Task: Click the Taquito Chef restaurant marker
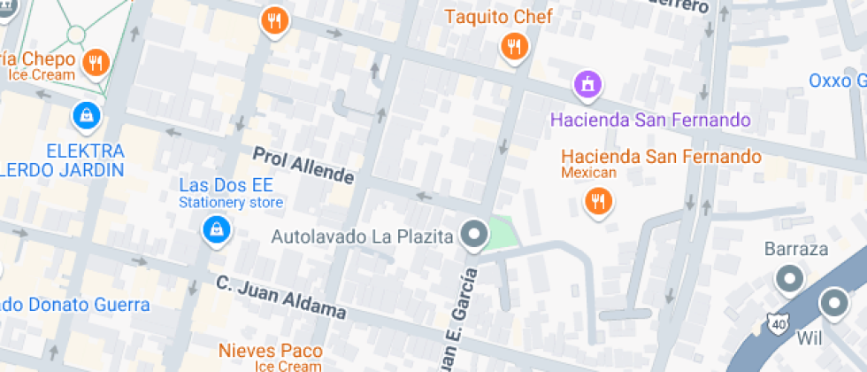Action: (513, 46)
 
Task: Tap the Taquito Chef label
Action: (498, 17)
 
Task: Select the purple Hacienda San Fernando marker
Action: (587, 85)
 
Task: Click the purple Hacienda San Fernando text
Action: (650, 120)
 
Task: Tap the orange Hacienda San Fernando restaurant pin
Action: (599, 203)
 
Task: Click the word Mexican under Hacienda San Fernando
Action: (588, 173)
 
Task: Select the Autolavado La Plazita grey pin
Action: (476, 236)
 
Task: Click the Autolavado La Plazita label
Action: (362, 236)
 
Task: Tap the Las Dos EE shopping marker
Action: (214, 231)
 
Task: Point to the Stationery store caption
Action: (231, 203)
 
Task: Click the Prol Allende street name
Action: (303, 166)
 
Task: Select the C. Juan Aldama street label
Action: (280, 298)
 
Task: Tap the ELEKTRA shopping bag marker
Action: (87, 114)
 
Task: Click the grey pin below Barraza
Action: (787, 280)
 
